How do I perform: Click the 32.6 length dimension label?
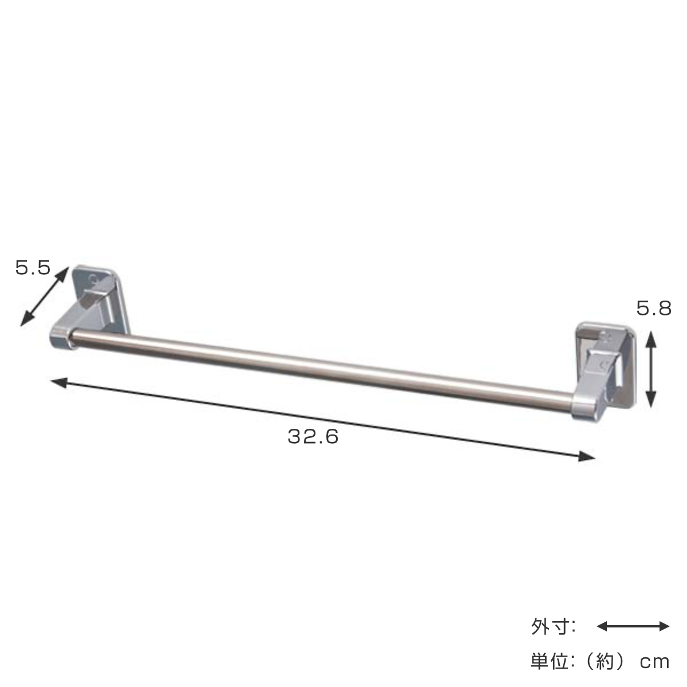tap(313, 437)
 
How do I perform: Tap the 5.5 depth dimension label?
tap(33, 267)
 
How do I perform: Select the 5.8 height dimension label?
tap(654, 309)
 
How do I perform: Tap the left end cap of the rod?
tap(61, 337)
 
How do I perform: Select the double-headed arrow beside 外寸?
tap(633, 626)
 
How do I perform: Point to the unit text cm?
tap(654, 662)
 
